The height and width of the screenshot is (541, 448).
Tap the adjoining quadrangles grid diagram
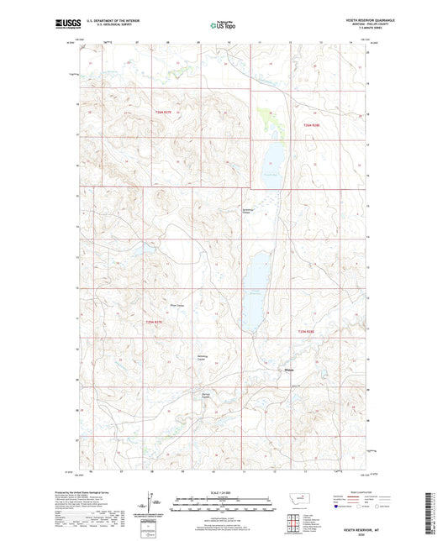304,521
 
